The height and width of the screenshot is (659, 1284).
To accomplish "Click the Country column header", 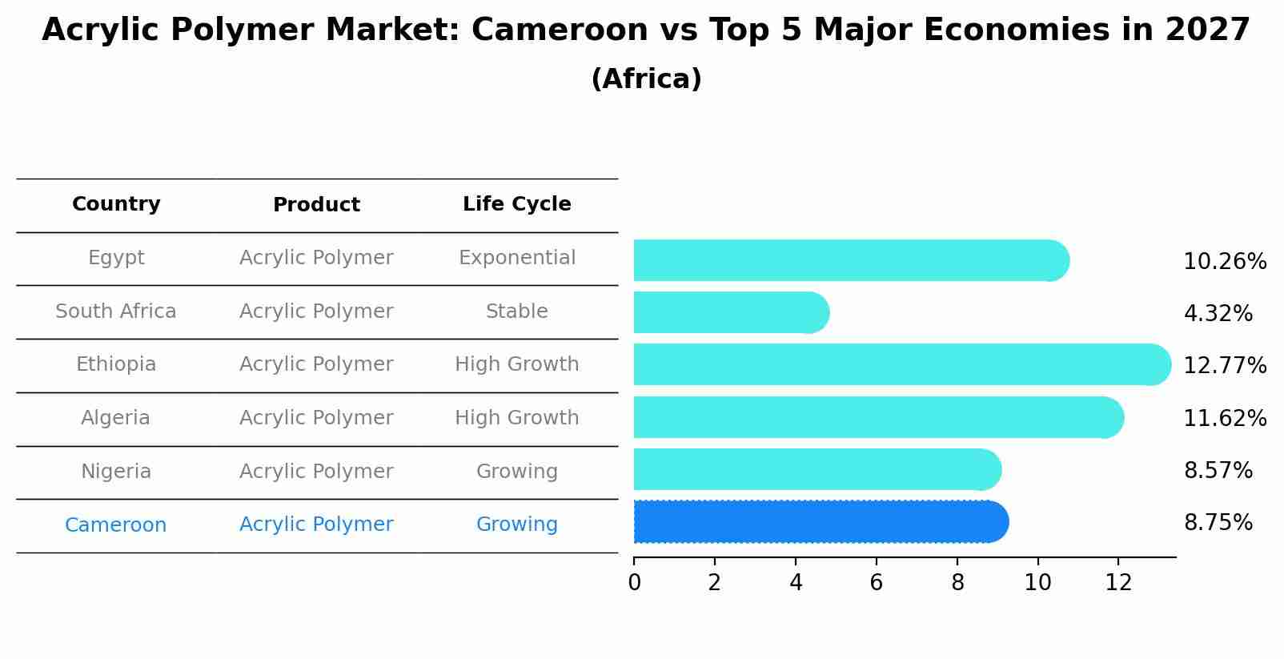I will [116, 204].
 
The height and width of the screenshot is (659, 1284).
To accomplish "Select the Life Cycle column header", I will [516, 204].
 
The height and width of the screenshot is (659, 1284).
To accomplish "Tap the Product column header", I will [316, 205].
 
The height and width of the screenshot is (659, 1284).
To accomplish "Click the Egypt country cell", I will [116, 258].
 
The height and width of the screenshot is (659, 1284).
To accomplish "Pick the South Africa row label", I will [116, 311].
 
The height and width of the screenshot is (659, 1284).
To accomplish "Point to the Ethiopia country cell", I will [116, 364].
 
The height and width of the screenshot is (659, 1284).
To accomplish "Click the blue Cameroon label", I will [116, 525].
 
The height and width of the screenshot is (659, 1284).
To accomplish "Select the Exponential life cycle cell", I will [516, 258].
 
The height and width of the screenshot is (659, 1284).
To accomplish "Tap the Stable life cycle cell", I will [516, 311].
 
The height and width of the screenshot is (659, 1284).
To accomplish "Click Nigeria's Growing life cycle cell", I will [516, 472].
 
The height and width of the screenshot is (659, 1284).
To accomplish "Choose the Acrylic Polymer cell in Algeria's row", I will [316, 418].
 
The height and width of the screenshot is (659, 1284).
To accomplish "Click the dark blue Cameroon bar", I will [817, 522].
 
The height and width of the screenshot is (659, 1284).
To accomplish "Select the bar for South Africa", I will [728, 312].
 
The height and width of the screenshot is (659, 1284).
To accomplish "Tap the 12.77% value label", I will [1225, 366].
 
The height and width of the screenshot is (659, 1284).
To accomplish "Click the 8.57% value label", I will [1218, 471].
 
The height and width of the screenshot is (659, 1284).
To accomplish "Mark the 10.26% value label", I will [1225, 262].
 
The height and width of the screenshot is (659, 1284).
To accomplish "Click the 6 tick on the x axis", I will [877, 583].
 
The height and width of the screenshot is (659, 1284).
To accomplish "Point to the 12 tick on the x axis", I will [1118, 583].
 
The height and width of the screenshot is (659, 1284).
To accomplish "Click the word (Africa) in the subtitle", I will [646, 79].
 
